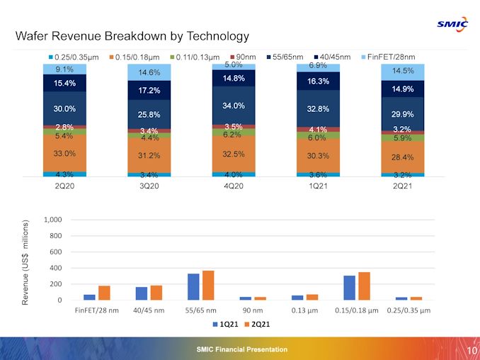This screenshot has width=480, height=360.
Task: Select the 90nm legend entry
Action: click(x=245, y=57)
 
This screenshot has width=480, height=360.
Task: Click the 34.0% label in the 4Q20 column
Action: click(x=234, y=106)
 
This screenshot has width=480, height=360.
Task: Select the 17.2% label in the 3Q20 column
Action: click(x=149, y=91)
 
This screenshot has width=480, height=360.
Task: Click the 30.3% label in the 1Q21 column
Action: click(x=319, y=156)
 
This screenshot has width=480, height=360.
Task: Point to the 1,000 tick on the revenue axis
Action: click(x=53, y=220)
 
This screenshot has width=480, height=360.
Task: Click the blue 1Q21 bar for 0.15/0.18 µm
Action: click(x=350, y=288)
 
